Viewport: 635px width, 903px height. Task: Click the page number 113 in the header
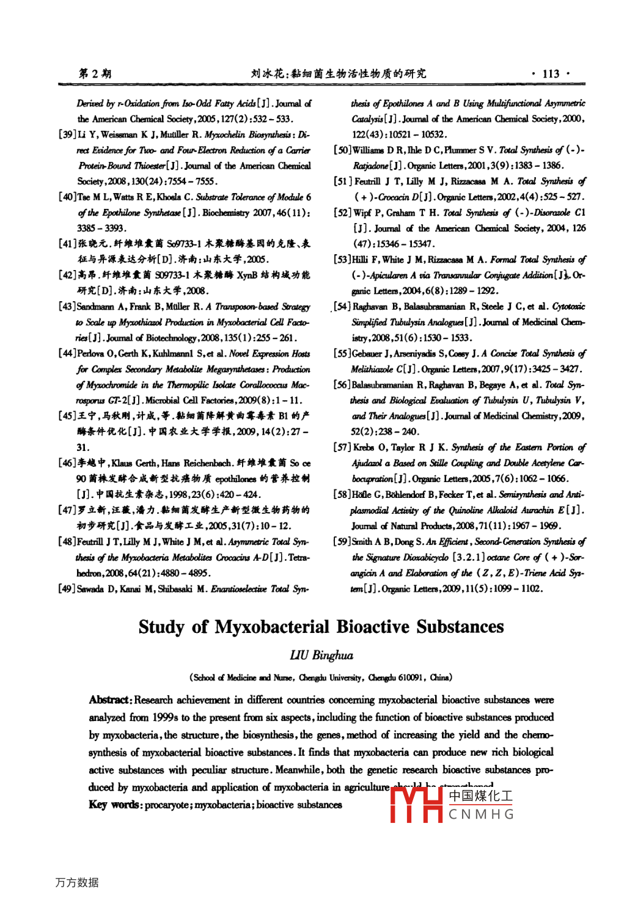(551, 74)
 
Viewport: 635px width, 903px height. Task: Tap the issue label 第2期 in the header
(95, 74)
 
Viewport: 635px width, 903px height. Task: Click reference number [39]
(67, 134)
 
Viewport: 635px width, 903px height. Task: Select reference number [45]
(67, 416)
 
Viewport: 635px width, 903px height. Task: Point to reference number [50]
(342, 150)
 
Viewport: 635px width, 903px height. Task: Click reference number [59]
(342, 542)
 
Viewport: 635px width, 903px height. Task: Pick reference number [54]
(342, 307)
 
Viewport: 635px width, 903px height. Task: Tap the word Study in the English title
(161, 627)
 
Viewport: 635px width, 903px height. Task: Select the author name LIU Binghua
(321, 656)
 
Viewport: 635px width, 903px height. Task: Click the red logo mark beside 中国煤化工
(416, 805)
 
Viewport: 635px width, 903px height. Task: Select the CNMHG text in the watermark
(481, 814)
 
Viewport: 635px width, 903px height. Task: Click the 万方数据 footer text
(77, 882)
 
